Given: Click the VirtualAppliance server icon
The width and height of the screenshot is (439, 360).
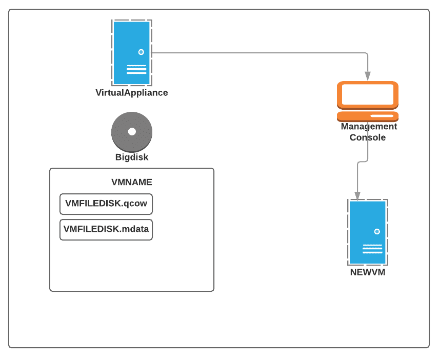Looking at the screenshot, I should [132, 52].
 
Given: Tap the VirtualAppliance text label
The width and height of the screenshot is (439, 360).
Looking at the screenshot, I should [132, 93].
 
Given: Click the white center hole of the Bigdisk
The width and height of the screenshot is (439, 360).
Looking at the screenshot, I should [132, 131].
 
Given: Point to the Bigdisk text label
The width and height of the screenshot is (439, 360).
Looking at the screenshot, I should [132, 157].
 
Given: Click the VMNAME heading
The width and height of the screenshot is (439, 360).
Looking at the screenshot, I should [132, 182].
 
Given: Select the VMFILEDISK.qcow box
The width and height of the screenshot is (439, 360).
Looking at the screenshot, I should [106, 204].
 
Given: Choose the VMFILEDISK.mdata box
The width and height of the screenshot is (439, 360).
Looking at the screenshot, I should [106, 229].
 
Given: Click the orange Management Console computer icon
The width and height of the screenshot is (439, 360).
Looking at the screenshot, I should [368, 101].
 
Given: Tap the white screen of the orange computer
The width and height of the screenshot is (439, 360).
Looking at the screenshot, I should [368, 94].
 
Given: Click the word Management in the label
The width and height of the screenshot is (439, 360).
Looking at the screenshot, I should [369, 127].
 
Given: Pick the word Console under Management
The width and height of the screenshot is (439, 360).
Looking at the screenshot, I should [368, 137].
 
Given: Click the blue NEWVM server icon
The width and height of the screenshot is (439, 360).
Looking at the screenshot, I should [368, 232].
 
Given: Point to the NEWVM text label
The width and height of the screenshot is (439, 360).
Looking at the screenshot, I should [368, 272].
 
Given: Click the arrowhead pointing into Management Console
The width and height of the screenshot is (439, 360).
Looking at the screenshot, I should [368, 76].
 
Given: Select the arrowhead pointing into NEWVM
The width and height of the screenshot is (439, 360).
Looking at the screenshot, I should [357, 196].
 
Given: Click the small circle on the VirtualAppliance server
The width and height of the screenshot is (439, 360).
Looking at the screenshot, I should [141, 52].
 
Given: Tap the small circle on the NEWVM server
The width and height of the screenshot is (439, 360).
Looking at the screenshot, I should [377, 231].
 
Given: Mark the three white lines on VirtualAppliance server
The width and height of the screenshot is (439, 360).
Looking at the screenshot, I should [136, 69].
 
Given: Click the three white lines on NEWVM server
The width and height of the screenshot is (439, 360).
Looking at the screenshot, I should [372, 249].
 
